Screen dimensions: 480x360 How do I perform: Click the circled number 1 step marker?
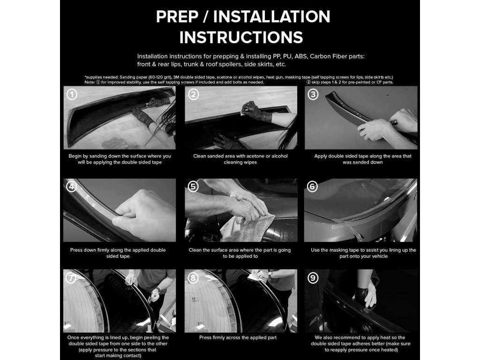72,94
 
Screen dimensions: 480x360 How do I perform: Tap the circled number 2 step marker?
193,94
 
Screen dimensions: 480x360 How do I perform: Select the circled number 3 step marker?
313,94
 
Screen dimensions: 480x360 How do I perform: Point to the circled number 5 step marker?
193,187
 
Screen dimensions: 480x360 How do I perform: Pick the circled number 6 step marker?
312,187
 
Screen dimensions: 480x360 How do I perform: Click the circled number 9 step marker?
313,278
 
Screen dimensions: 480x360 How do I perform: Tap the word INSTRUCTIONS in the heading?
241,37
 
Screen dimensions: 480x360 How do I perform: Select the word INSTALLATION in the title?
271,16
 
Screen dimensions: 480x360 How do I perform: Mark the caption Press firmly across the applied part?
238,337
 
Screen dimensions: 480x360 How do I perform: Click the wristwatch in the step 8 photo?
270,275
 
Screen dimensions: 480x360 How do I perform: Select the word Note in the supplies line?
90,82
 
